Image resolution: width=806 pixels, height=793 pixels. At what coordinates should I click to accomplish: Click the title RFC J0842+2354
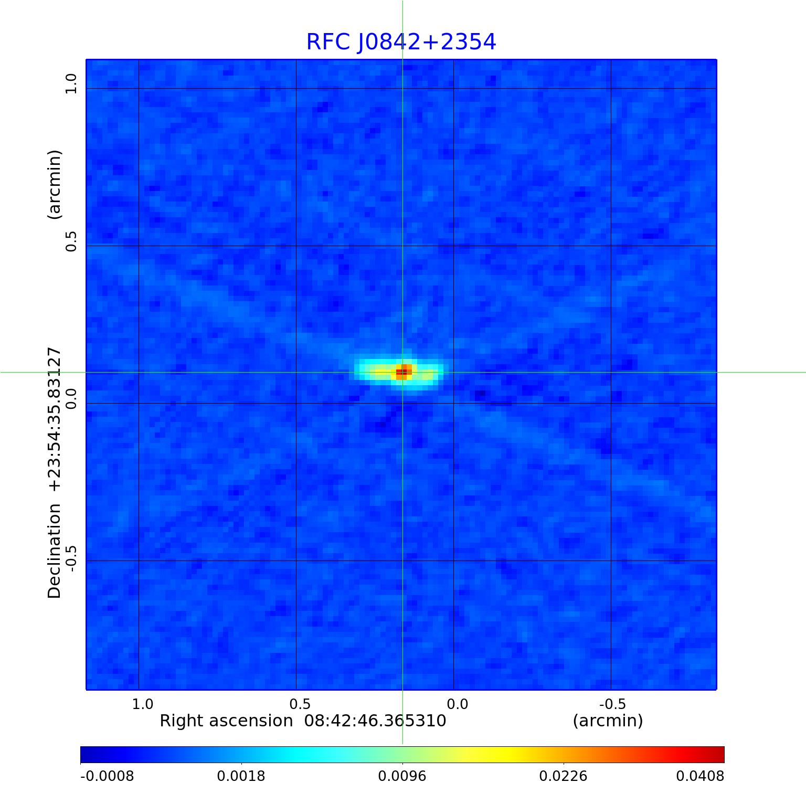pos(401,42)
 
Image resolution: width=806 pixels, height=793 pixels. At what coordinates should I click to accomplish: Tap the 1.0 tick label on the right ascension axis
pos(143,704)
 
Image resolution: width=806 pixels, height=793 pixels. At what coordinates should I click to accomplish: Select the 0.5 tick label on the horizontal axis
pos(300,704)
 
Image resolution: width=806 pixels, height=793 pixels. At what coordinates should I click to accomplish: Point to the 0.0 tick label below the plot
pos(458,704)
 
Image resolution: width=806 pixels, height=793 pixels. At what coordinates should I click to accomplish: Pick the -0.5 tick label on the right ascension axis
pos(612,704)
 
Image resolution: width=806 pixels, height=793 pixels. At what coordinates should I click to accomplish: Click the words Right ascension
pos(226,721)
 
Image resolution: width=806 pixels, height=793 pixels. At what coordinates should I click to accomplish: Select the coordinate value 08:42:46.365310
pos(375,721)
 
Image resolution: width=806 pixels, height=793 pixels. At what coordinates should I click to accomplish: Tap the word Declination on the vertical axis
pos(55,551)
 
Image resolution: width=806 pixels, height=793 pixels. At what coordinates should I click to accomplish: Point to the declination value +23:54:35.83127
pos(55,419)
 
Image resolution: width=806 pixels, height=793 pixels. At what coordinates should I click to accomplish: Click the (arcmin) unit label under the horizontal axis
pos(608,721)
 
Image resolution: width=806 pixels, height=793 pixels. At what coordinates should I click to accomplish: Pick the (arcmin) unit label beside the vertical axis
pos(55,184)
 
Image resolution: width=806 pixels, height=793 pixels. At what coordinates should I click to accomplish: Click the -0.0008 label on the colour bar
pos(107,776)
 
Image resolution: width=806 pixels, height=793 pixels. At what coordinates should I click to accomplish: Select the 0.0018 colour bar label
pos(241,776)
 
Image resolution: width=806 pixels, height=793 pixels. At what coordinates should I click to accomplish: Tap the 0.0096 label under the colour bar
pos(402,776)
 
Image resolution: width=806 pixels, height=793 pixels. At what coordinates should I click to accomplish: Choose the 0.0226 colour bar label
pos(564,776)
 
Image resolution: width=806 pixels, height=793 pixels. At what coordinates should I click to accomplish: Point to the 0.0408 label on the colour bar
pos(700,776)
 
